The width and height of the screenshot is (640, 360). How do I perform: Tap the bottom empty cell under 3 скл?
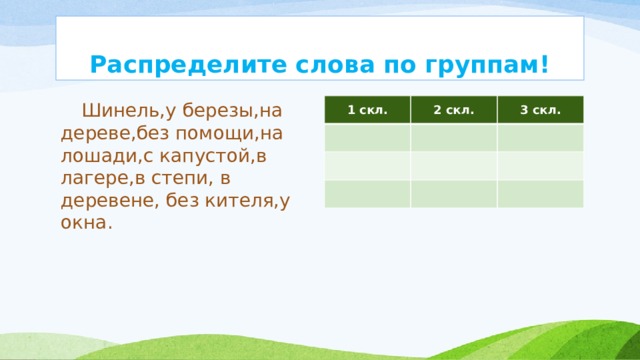tap(540, 193)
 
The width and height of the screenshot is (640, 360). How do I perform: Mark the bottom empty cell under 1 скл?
tap(365, 193)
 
